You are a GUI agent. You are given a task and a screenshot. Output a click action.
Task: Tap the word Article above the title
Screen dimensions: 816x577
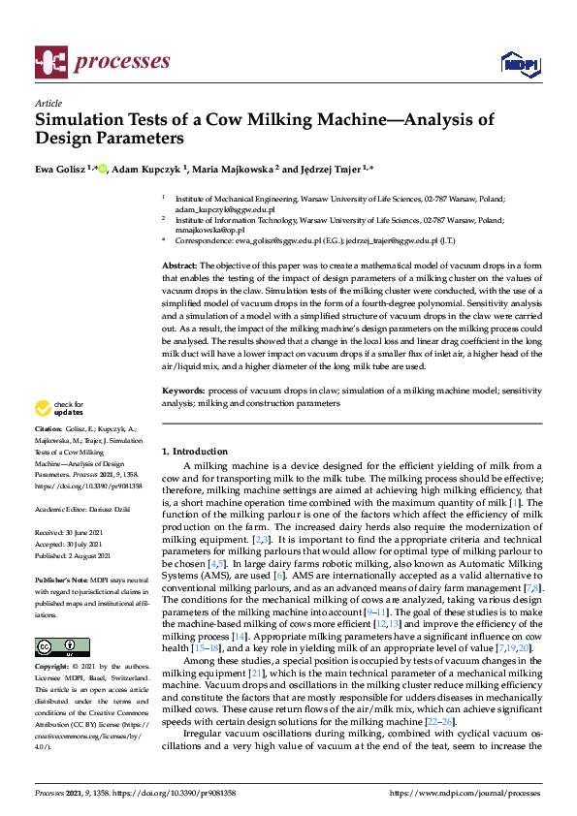pyautogui.click(x=48, y=103)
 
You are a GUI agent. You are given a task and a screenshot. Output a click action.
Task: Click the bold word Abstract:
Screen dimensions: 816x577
pyautogui.click(x=179, y=265)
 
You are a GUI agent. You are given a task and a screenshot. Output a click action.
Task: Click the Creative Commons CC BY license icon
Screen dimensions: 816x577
pyautogui.click(x=55, y=647)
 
